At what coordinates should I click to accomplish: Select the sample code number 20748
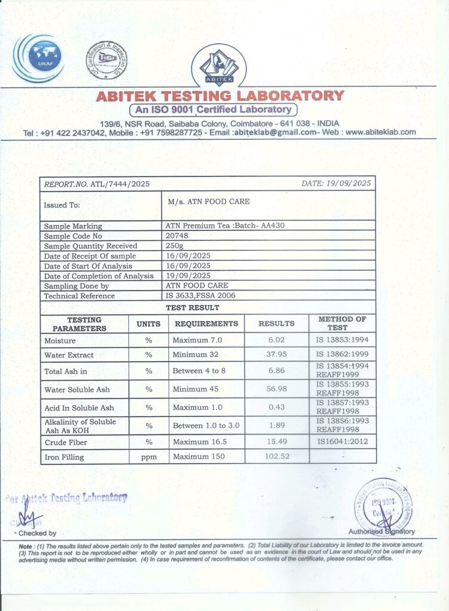[x=177, y=236]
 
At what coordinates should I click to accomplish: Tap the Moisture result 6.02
[x=276, y=340]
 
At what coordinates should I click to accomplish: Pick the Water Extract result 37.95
[x=276, y=354]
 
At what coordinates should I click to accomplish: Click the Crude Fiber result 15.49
[x=276, y=442]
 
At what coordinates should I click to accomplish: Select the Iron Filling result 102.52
[x=276, y=457]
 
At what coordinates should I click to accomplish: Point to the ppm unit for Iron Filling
[x=149, y=457]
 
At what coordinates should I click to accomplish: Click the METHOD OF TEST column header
[x=342, y=323]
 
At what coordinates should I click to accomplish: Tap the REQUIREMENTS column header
[x=206, y=323]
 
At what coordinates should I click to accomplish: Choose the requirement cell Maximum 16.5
[x=198, y=442]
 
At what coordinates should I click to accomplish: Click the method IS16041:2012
[x=343, y=442]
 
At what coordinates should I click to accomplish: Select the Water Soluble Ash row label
[x=77, y=390]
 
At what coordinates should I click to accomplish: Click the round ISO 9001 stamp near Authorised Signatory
[x=383, y=507]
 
